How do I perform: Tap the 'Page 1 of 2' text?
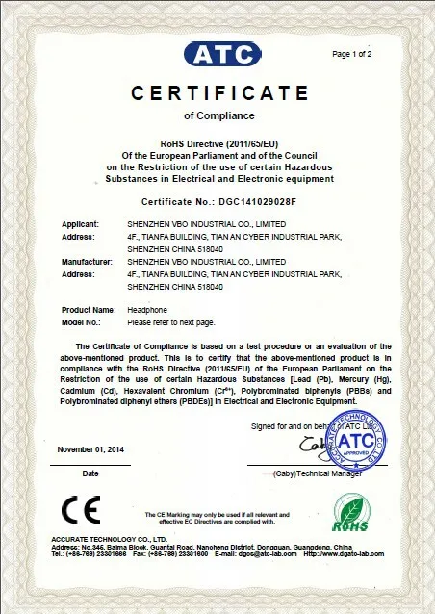pos(351,54)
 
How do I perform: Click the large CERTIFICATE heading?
pos(217,93)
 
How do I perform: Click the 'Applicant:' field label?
pos(80,224)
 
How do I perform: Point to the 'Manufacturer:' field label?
pos(87,261)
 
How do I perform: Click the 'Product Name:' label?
pos(89,309)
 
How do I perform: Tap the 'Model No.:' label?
pos(82,322)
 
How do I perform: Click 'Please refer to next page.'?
pos(171,322)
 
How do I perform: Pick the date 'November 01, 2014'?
pos(90,449)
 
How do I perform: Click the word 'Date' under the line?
pos(90,473)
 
